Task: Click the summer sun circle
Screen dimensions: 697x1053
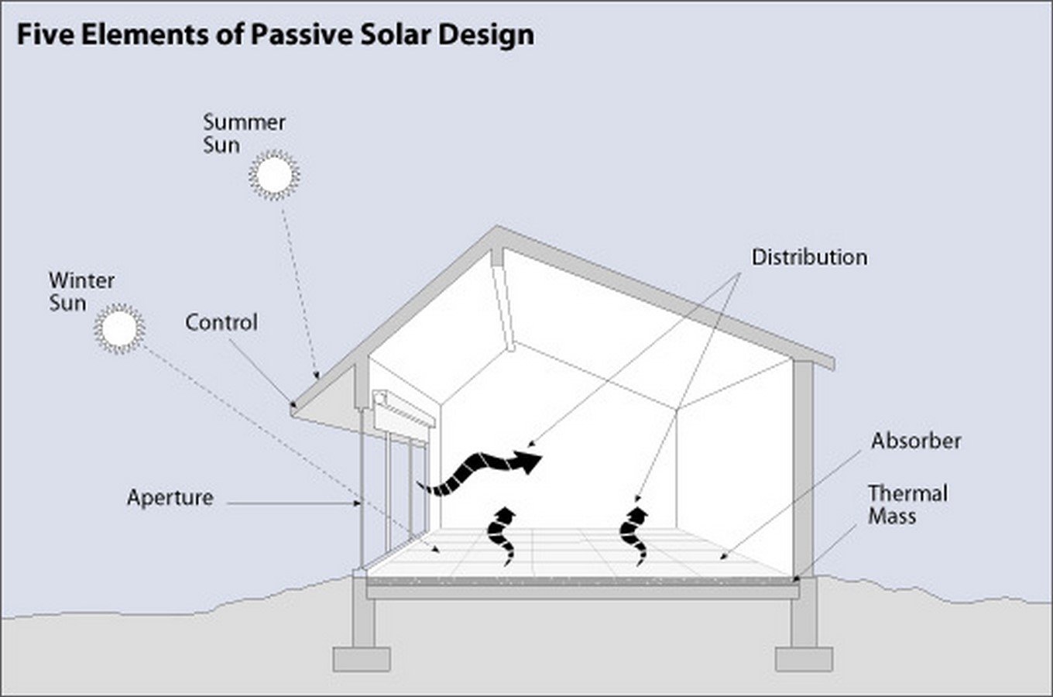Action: coord(274,175)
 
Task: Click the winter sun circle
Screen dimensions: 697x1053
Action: coord(119,328)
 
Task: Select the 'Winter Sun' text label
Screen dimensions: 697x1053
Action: coord(81,291)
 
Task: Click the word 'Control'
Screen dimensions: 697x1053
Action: coord(221,322)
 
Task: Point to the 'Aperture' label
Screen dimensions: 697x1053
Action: coord(170,497)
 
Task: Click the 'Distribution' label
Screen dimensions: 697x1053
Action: coord(809,257)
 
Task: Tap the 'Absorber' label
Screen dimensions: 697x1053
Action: coord(916,441)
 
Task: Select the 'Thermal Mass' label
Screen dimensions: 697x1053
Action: coord(907,504)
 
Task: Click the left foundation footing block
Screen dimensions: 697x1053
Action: coord(361,659)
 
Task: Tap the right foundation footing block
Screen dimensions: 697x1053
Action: coord(804,659)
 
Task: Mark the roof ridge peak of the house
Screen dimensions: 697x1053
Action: coord(496,231)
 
